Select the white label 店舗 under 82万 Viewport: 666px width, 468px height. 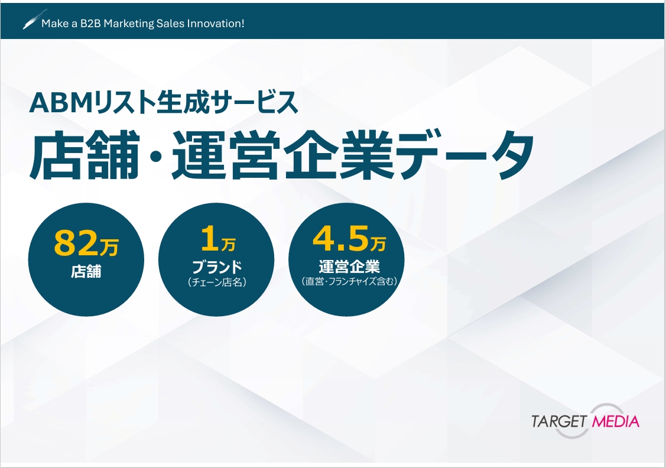tap(86, 272)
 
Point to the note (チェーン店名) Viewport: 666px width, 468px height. tap(217, 282)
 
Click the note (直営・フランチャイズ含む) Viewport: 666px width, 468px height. tap(349, 282)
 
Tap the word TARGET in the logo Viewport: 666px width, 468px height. tap(558, 421)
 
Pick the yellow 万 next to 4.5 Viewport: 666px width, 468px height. tap(378, 242)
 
